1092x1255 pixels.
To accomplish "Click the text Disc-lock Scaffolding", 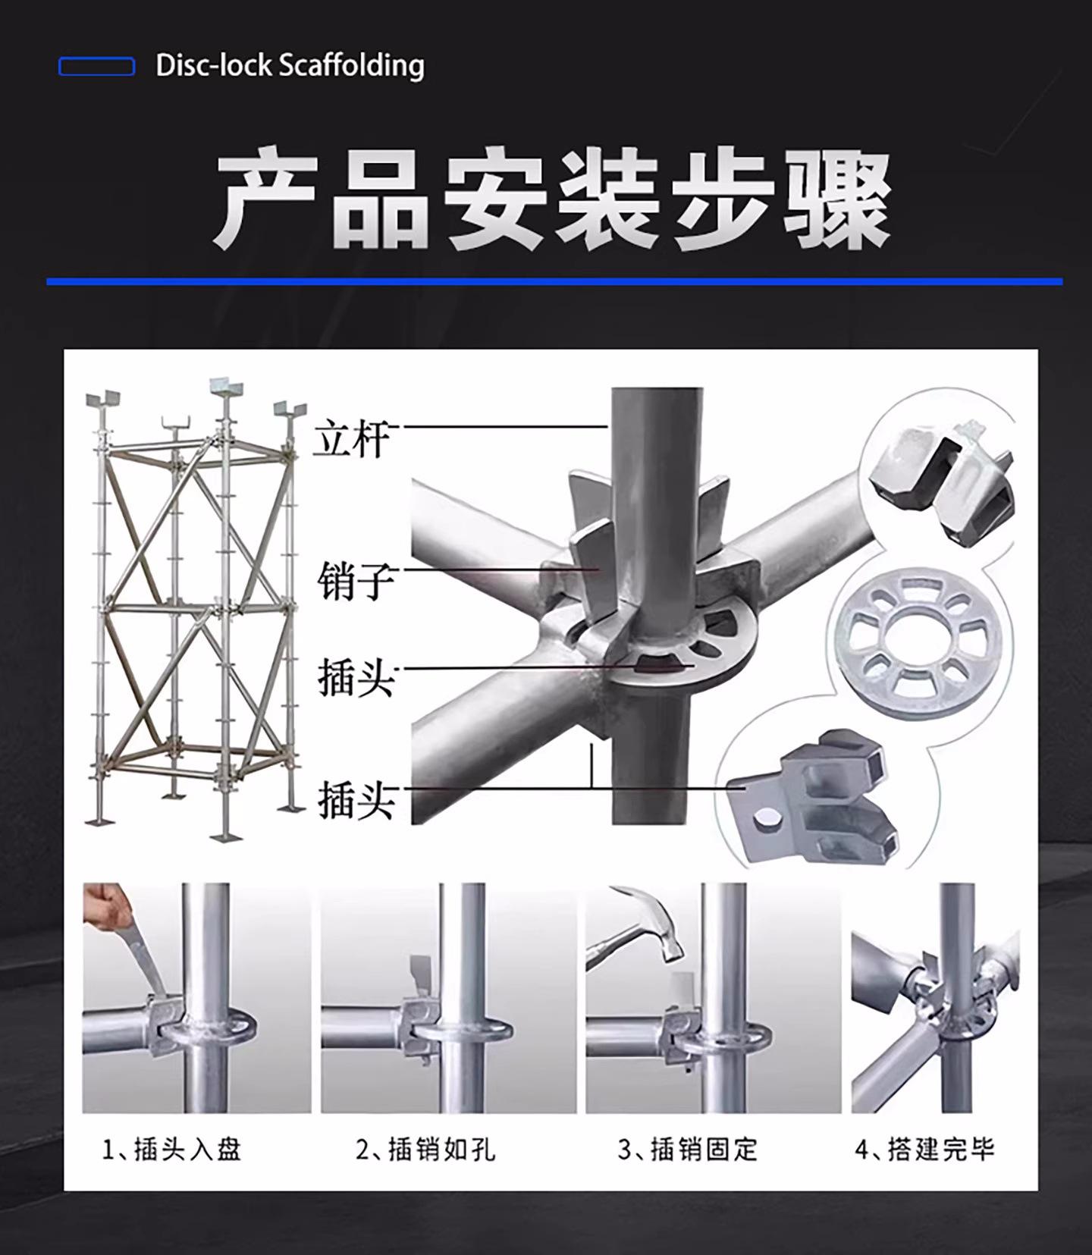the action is tap(290, 66).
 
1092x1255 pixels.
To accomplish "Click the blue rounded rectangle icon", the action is tap(96, 67).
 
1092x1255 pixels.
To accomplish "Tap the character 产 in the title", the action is tap(265, 199).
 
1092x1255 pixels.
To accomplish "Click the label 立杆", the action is tap(353, 438).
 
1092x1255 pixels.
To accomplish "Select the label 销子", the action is tap(355, 581).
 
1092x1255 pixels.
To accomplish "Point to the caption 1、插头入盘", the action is tap(171, 1150).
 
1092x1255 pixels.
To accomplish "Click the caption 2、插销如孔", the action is tap(425, 1150).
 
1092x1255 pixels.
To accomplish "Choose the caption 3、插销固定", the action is tap(688, 1150).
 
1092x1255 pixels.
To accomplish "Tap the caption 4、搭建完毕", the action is tap(924, 1150).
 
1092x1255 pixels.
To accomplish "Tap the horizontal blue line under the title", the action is tap(554, 281).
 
